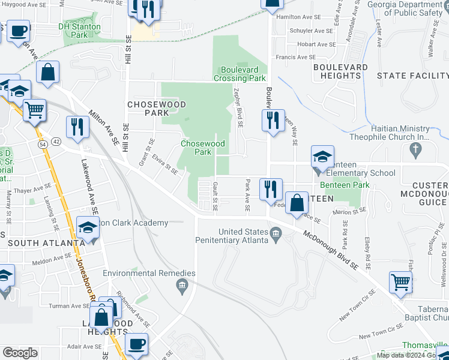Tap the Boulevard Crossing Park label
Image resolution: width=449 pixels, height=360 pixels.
[240, 74]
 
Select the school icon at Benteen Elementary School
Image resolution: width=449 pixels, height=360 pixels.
[322, 158]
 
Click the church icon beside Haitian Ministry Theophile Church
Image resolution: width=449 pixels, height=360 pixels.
[415, 147]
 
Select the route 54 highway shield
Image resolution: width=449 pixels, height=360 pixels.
[42, 144]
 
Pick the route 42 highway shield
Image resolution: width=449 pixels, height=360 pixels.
[56, 141]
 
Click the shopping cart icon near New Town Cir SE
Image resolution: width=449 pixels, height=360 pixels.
[400, 281]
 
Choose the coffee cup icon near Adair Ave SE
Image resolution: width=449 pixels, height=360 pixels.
[137, 344]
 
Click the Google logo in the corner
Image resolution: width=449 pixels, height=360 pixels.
[20, 353]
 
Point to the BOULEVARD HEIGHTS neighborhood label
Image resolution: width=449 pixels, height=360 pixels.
[340, 71]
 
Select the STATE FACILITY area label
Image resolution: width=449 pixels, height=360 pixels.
[412, 76]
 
